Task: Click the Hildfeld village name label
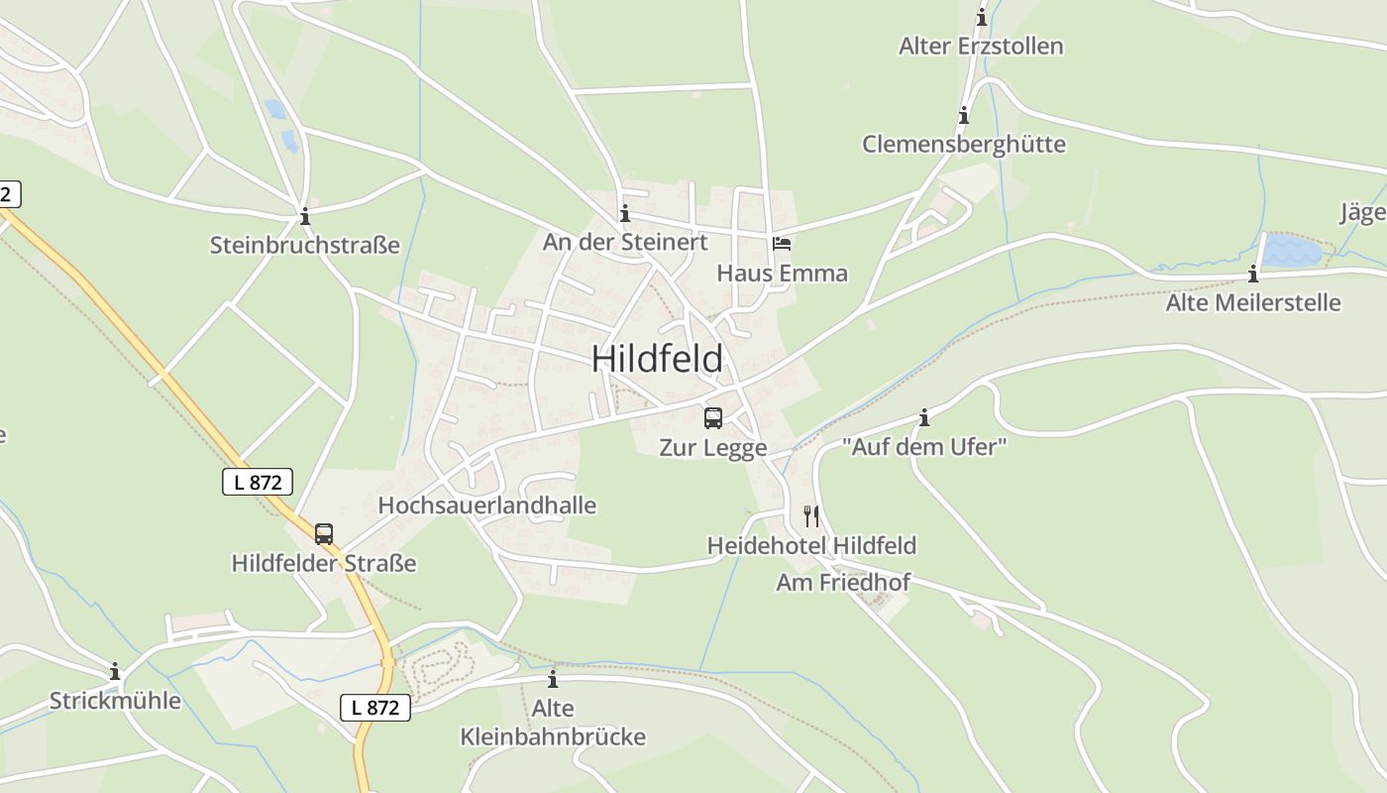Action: (657, 359)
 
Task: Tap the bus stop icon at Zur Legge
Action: (713, 418)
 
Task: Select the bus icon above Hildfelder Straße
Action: (324, 534)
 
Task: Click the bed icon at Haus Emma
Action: (782, 243)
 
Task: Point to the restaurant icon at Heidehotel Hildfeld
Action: (811, 515)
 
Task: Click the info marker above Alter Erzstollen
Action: (982, 17)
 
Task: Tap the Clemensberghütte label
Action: (963, 144)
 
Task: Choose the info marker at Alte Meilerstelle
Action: (1253, 274)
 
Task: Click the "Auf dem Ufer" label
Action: (924, 446)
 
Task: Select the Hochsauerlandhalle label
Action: (486, 505)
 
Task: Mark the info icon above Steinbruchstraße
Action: (305, 215)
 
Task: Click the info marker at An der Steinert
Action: (624, 213)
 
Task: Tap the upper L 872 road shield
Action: (258, 482)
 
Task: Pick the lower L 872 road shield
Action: (375, 707)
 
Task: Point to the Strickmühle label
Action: (115, 701)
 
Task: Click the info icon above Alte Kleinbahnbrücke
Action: (553, 679)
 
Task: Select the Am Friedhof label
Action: (842, 582)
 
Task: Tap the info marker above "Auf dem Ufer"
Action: (924, 417)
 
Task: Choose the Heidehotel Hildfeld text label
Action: (811, 545)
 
